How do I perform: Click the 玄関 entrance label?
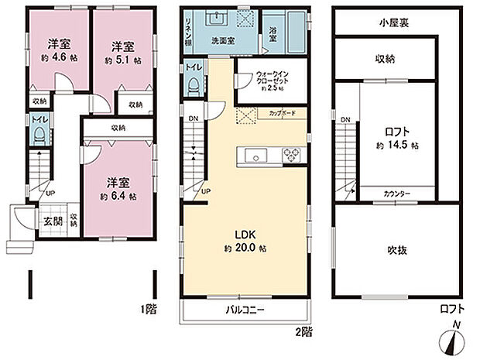click(x=49, y=220)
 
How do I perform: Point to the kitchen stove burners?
click(x=293, y=153)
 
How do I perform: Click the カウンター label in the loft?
click(x=396, y=194)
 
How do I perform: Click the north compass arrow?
click(x=453, y=341)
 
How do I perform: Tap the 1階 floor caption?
click(x=149, y=309)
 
